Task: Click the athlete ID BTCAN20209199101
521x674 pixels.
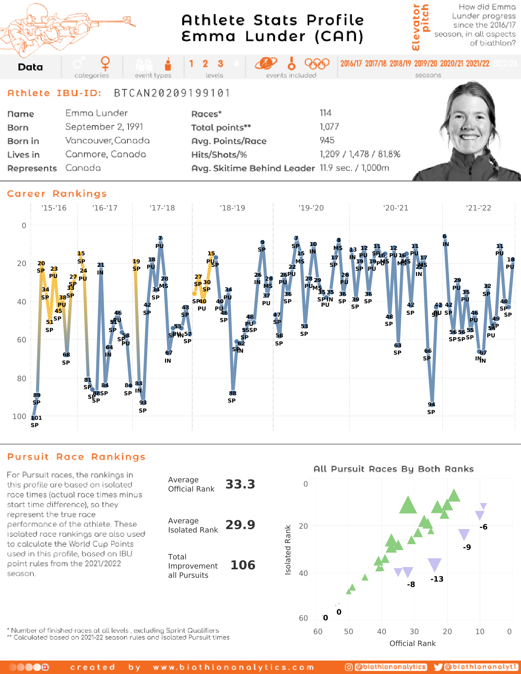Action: pos(172,93)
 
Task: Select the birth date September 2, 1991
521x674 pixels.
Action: pos(104,127)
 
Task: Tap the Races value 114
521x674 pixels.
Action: pos(325,113)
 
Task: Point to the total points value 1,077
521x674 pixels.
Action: pos(329,127)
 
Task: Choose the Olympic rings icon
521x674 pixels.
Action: pos(317,63)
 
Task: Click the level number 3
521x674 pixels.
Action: pos(220,64)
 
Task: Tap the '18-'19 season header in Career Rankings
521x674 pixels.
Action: pos(232,208)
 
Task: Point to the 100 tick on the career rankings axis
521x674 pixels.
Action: pos(19,416)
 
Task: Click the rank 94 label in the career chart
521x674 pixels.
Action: pos(432,404)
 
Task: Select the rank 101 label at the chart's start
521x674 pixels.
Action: pos(36,418)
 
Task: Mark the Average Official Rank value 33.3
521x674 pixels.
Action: pos(240,484)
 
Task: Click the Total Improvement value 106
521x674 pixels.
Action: pos(242,565)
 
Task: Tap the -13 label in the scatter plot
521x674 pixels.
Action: pos(437,579)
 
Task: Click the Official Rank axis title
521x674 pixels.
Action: pos(412,643)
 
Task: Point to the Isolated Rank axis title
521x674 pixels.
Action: pos(288,550)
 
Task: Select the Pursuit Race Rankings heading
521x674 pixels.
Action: pos(76,457)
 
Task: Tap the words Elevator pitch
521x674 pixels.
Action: pos(420,27)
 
